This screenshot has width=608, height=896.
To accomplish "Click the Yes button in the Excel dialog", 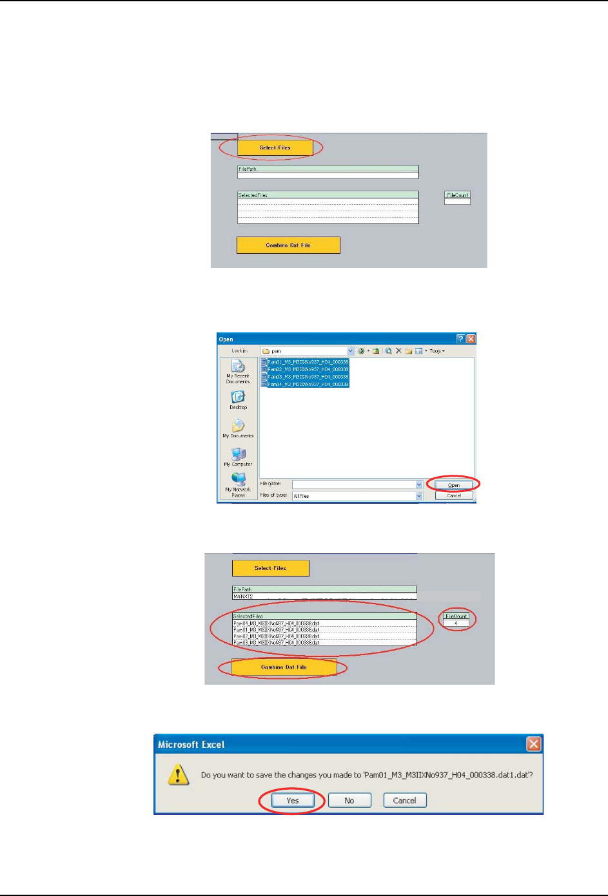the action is point(292,801).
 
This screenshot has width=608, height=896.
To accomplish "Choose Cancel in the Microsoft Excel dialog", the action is point(404,801).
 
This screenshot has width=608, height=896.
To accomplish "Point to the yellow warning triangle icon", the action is point(178,774).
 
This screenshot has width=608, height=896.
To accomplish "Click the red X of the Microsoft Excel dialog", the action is point(533,745).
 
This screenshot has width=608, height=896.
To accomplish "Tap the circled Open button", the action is point(453,485).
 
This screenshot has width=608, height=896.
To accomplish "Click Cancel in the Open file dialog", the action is point(453,495).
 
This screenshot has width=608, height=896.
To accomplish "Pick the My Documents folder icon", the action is point(238,426).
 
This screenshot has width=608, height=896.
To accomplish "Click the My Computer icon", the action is point(238,454).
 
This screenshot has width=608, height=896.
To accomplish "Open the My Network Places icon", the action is point(238,479).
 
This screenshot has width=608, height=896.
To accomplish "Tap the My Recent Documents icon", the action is point(238,367).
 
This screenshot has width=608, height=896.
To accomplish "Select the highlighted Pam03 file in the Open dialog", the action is point(308,377).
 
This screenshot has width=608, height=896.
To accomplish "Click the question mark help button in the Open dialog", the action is point(460,339).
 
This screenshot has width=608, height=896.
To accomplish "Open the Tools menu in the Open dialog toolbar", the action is point(437,351).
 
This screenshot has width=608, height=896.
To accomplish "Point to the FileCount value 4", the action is point(456,623).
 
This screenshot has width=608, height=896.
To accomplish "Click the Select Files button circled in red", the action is point(275,148).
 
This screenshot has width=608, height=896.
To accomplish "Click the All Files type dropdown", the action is point(357,496).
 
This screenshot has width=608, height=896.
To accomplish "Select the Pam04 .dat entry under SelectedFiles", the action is point(276,624).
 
